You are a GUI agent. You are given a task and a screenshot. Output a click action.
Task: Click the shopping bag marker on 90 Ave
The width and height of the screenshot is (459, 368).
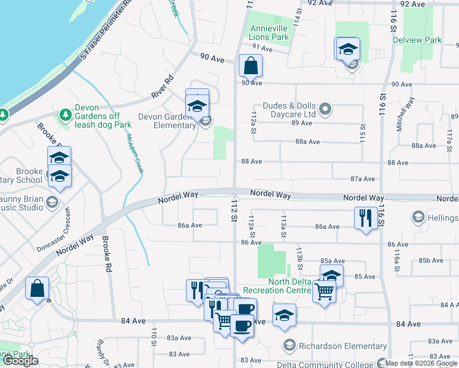click(x=250, y=66)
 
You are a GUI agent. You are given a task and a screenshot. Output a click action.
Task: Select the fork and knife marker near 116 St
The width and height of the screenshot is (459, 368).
click(x=366, y=218)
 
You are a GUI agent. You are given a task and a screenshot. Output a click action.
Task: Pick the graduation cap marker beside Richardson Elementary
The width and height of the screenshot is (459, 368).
click(x=284, y=315)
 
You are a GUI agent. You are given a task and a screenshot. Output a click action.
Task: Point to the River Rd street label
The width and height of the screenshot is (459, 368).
click(x=163, y=88)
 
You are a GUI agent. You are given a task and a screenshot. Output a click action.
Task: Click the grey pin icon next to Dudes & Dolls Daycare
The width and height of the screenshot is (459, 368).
click(x=326, y=110)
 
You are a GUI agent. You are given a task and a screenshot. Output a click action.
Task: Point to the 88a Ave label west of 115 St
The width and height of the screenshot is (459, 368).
click(x=307, y=141)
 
